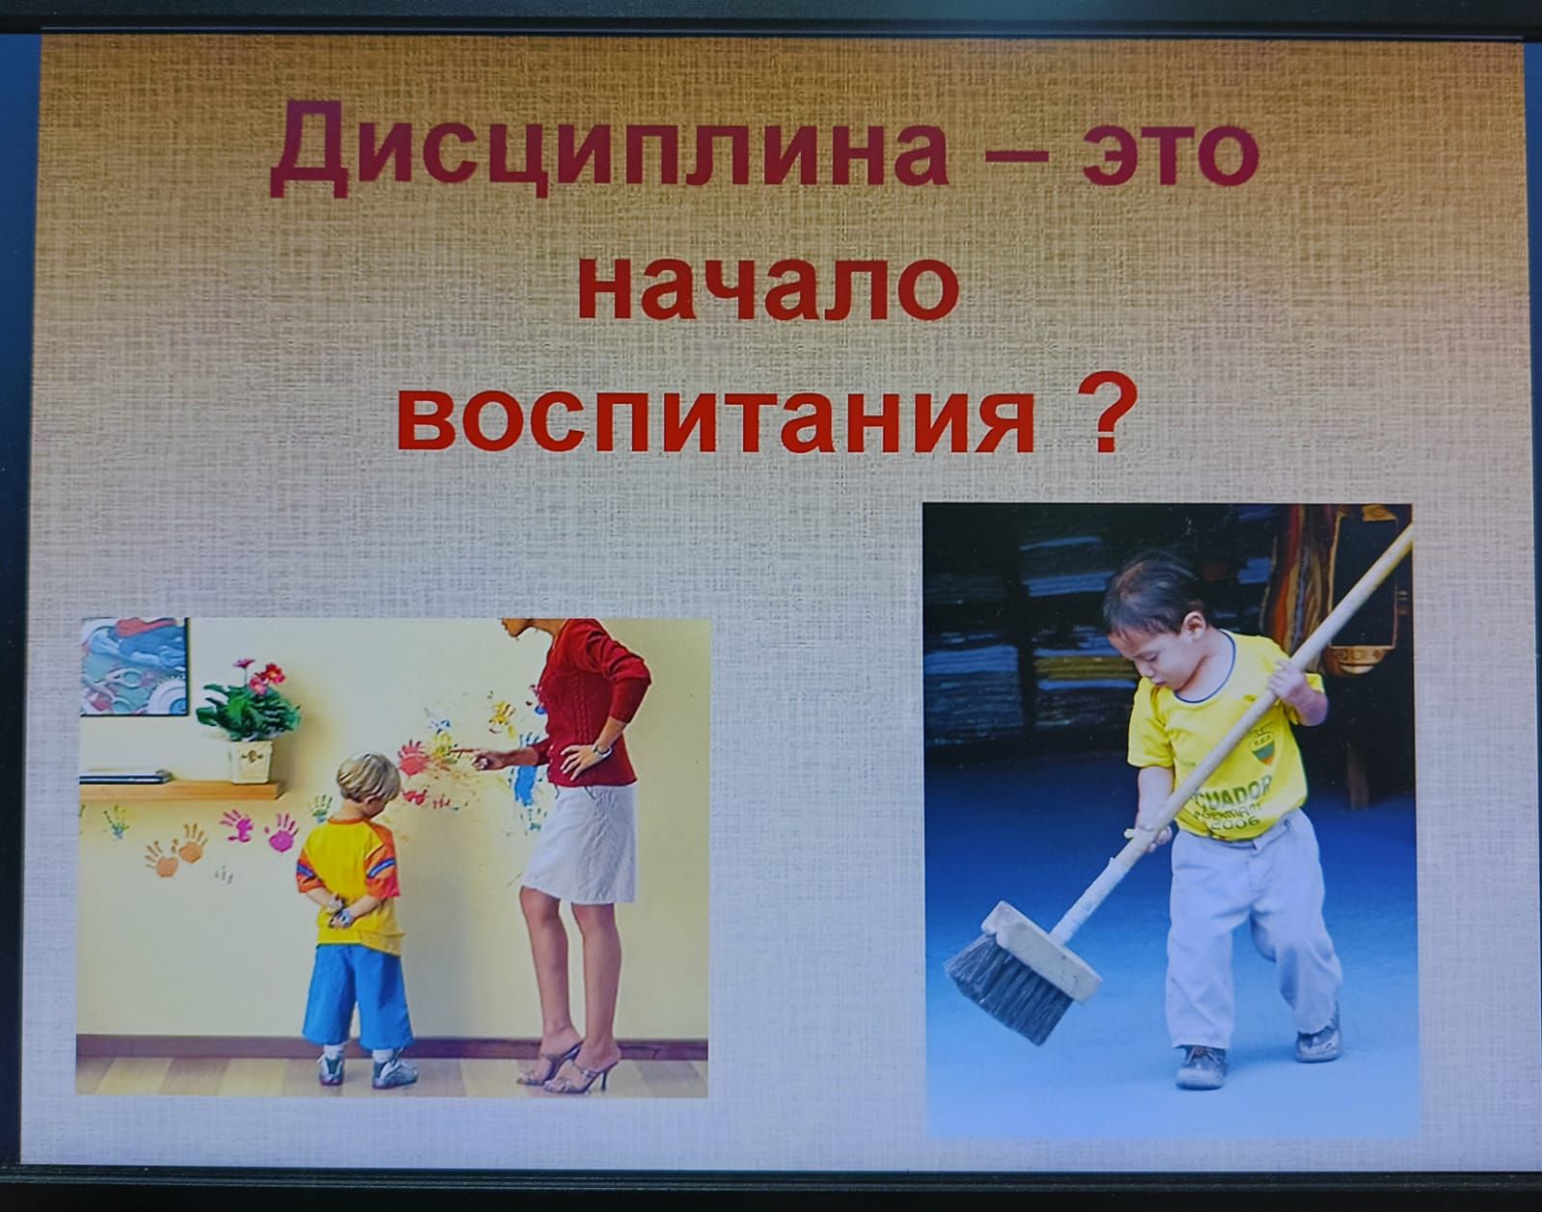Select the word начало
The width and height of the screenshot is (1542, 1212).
click(x=769, y=287)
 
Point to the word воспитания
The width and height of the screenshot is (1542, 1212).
click(x=716, y=419)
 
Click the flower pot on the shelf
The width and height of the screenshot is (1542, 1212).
click(x=251, y=762)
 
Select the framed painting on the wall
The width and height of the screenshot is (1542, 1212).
click(x=134, y=666)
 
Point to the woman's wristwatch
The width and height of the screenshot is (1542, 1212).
click(x=601, y=748)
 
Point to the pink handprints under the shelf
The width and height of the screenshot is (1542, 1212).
click(x=259, y=830)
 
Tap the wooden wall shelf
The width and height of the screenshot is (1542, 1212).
click(x=181, y=790)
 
